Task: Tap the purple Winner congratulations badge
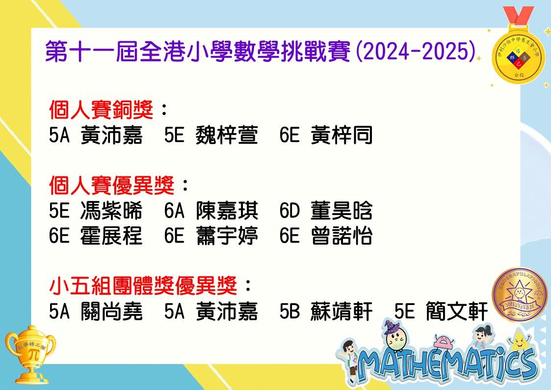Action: (x=520, y=295)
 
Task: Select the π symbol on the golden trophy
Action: (x=33, y=355)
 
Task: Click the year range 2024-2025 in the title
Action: (x=416, y=52)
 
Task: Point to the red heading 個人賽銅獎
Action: (x=101, y=110)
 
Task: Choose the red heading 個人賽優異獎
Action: (x=112, y=185)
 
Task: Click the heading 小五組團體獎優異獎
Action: (x=143, y=285)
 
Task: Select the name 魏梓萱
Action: (x=227, y=135)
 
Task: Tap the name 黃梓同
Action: (x=341, y=135)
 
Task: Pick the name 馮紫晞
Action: (x=111, y=210)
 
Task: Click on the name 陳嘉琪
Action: (x=227, y=210)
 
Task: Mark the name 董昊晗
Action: (x=341, y=210)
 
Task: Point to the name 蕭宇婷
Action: (x=227, y=235)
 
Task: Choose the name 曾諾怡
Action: (x=341, y=235)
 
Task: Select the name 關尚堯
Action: (x=111, y=311)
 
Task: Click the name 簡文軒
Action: (x=457, y=311)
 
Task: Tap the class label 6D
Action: (x=289, y=211)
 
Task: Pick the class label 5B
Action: (x=289, y=311)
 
